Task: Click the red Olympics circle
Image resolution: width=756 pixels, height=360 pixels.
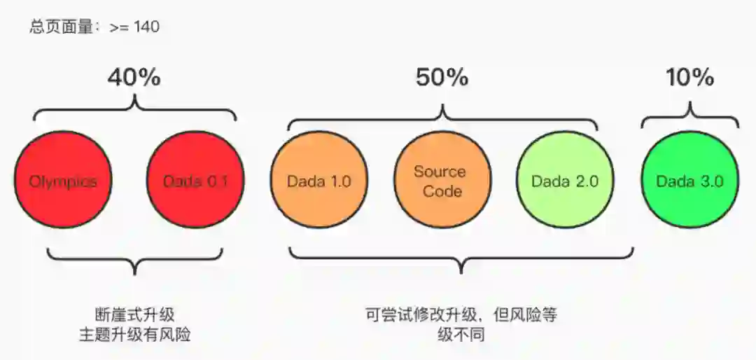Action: tap(63, 181)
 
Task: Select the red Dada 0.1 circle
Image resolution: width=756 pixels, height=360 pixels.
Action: tap(195, 181)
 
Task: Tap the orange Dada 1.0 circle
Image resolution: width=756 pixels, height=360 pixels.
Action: tap(319, 181)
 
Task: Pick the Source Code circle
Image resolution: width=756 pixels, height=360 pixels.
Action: tap(439, 181)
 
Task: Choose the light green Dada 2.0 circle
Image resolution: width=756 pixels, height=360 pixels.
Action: tap(564, 181)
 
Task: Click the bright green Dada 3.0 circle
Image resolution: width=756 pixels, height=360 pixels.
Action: tap(689, 181)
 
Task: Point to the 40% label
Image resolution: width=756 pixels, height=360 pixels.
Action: tap(134, 78)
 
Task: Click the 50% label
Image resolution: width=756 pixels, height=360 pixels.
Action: tap(442, 78)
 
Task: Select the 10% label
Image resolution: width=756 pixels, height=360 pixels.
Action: tap(690, 78)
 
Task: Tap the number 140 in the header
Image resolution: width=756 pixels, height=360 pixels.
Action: tap(146, 27)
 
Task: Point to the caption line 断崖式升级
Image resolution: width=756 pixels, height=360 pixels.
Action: tap(134, 314)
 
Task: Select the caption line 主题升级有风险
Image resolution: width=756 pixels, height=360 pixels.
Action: tap(134, 335)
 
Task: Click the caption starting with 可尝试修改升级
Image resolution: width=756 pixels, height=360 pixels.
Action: tap(461, 314)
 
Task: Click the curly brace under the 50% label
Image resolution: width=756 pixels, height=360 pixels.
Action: tap(442, 116)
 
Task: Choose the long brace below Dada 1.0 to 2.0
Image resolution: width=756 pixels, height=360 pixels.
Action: tap(461, 260)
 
